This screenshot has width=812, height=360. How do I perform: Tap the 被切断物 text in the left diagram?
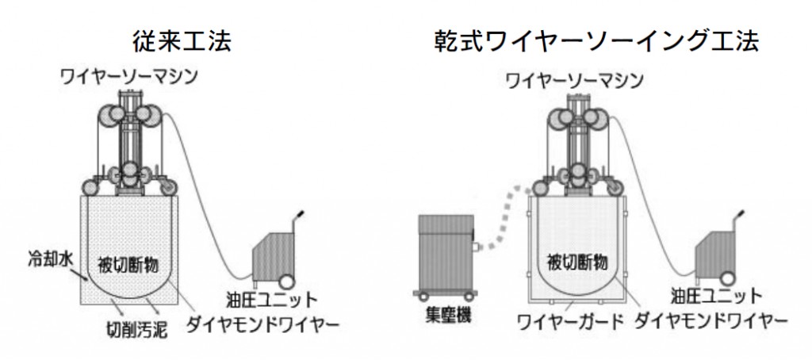pos(134,262)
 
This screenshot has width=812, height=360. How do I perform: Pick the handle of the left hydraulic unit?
pos(299,216)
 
